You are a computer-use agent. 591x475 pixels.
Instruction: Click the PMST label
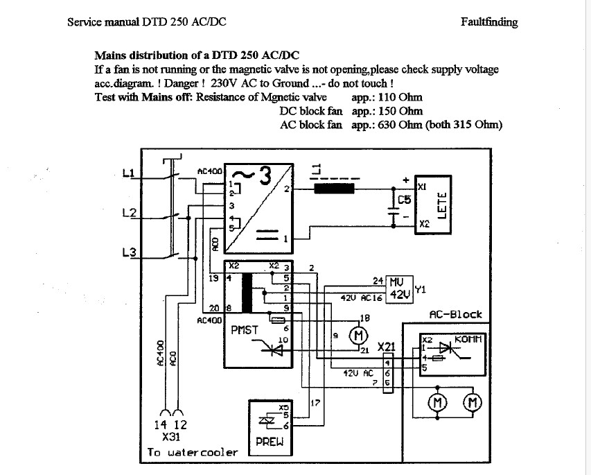[x=245, y=330]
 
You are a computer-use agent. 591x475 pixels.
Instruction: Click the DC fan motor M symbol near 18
[x=359, y=336]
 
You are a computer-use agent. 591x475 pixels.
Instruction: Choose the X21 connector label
[x=387, y=345]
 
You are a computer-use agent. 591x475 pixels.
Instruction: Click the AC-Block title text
[x=455, y=314]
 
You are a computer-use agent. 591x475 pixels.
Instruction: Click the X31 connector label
[x=170, y=438]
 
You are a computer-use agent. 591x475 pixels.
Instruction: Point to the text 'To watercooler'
[x=192, y=453]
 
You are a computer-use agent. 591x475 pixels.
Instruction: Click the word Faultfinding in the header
[x=488, y=21]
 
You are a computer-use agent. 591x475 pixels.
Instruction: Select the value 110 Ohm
[x=396, y=97]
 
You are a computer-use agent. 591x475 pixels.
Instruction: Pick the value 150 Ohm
[x=396, y=111]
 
